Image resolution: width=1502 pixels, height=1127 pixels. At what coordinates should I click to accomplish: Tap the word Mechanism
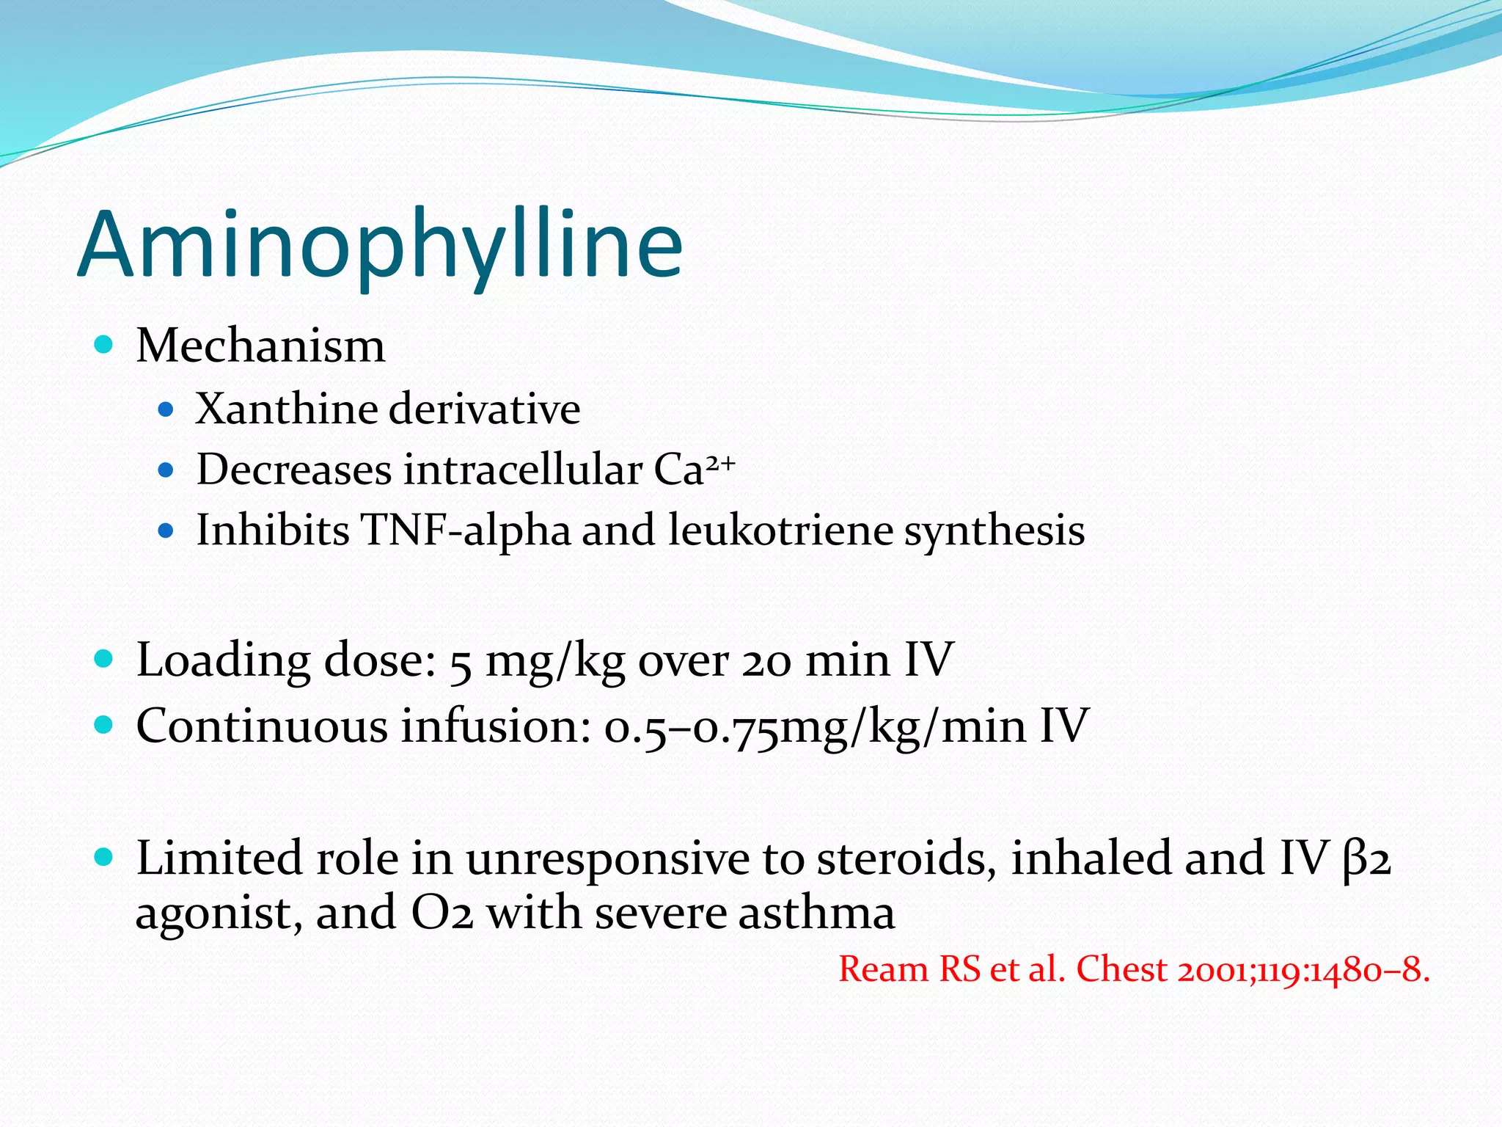click(260, 346)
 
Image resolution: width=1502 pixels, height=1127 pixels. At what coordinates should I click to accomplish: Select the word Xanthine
click(285, 409)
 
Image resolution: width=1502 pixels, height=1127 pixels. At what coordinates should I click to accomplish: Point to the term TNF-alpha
click(465, 530)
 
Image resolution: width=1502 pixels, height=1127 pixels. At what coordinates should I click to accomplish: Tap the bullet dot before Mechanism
click(104, 345)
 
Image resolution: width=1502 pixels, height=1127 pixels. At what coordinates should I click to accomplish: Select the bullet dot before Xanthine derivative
click(166, 409)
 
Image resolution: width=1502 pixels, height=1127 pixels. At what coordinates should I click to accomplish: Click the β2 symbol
click(1367, 859)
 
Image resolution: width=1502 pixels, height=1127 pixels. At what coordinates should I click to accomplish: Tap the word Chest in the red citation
click(1121, 969)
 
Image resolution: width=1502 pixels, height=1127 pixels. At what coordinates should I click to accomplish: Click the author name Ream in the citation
click(883, 969)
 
